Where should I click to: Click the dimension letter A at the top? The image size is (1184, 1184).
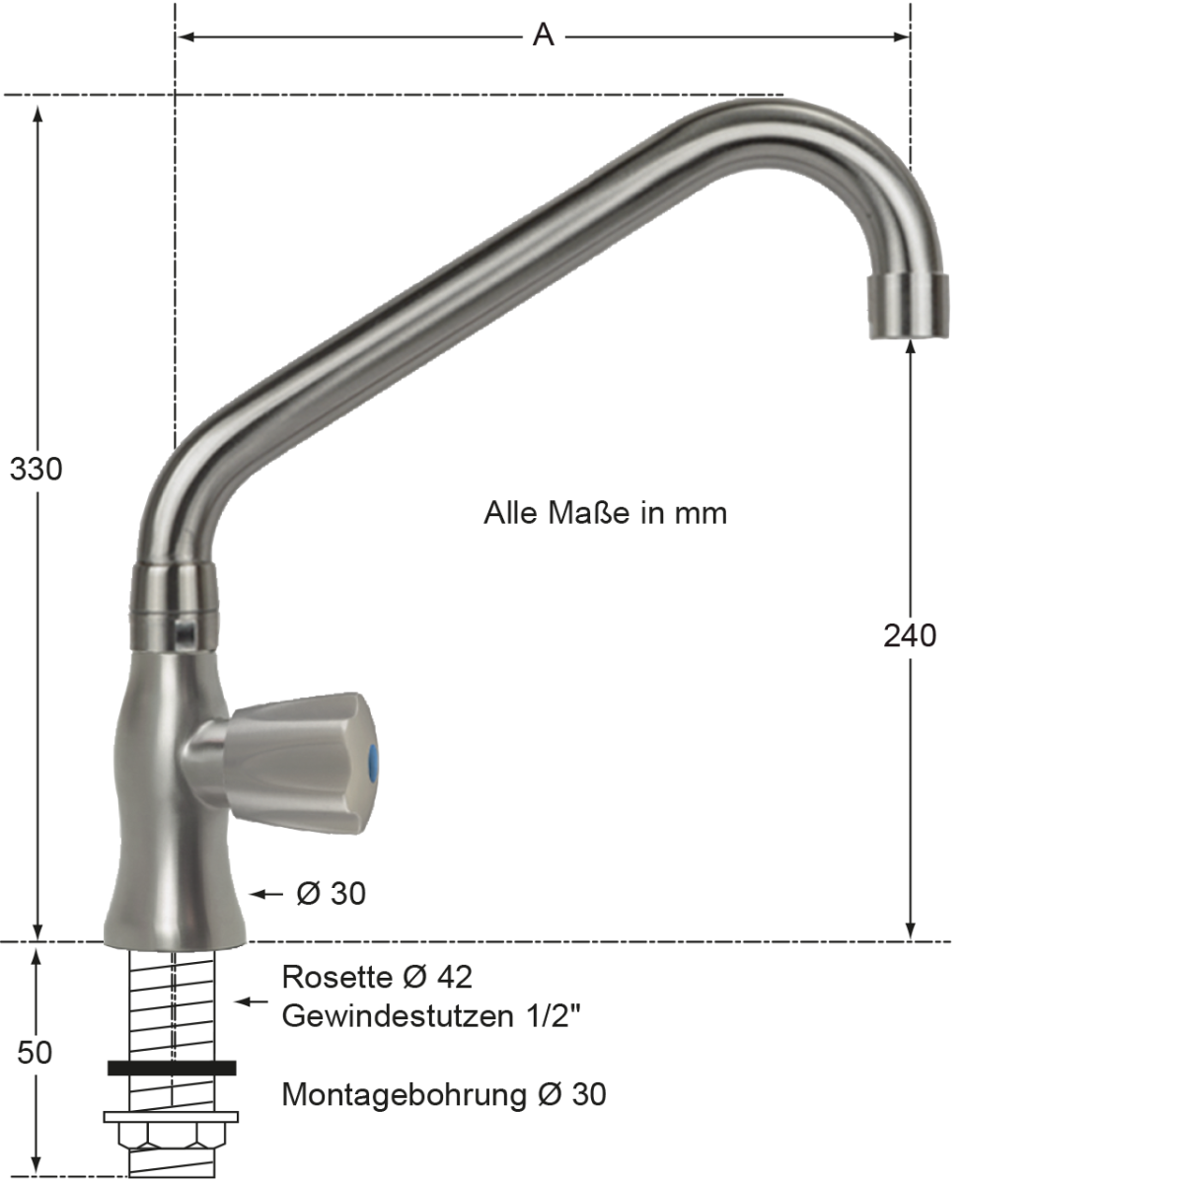pos(543,36)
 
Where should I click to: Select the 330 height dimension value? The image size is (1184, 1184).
pos(37,469)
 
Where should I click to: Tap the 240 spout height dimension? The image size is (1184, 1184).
pos(909,635)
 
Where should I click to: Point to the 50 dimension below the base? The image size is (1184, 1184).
pos(35,1052)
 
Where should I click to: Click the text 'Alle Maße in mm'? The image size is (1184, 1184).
pos(605,513)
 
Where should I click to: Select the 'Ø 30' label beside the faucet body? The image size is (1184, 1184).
pos(331,894)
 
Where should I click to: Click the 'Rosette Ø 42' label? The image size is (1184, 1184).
pos(377,977)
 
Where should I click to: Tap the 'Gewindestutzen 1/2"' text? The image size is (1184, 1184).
pos(431,1015)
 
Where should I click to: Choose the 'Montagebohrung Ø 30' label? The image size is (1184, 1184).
pos(444,1094)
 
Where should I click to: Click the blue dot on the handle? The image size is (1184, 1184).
pos(371,761)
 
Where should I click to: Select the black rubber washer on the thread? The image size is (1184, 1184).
pos(173,1067)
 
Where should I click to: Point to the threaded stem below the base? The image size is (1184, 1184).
pos(173,1006)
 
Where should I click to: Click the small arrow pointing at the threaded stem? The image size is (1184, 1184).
pos(251,1001)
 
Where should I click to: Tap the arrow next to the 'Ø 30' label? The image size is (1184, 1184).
pos(266,894)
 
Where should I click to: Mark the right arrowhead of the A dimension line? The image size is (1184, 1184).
pos(901,37)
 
